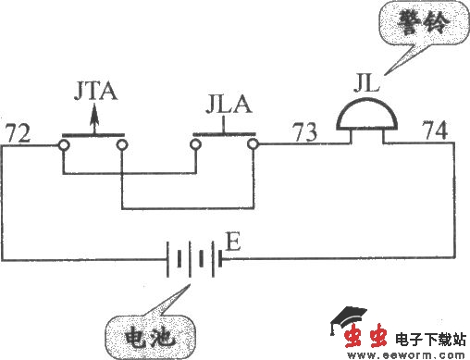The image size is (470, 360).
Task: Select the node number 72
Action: click(17, 131)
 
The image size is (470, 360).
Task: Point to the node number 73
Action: click(307, 132)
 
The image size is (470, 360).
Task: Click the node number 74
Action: click(436, 131)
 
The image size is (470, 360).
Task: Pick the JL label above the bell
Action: click(367, 84)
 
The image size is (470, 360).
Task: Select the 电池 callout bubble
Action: click(150, 334)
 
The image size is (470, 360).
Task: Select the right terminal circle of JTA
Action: click(121, 145)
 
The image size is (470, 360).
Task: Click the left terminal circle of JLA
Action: click(194, 145)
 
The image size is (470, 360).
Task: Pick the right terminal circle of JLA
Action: click(253, 145)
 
